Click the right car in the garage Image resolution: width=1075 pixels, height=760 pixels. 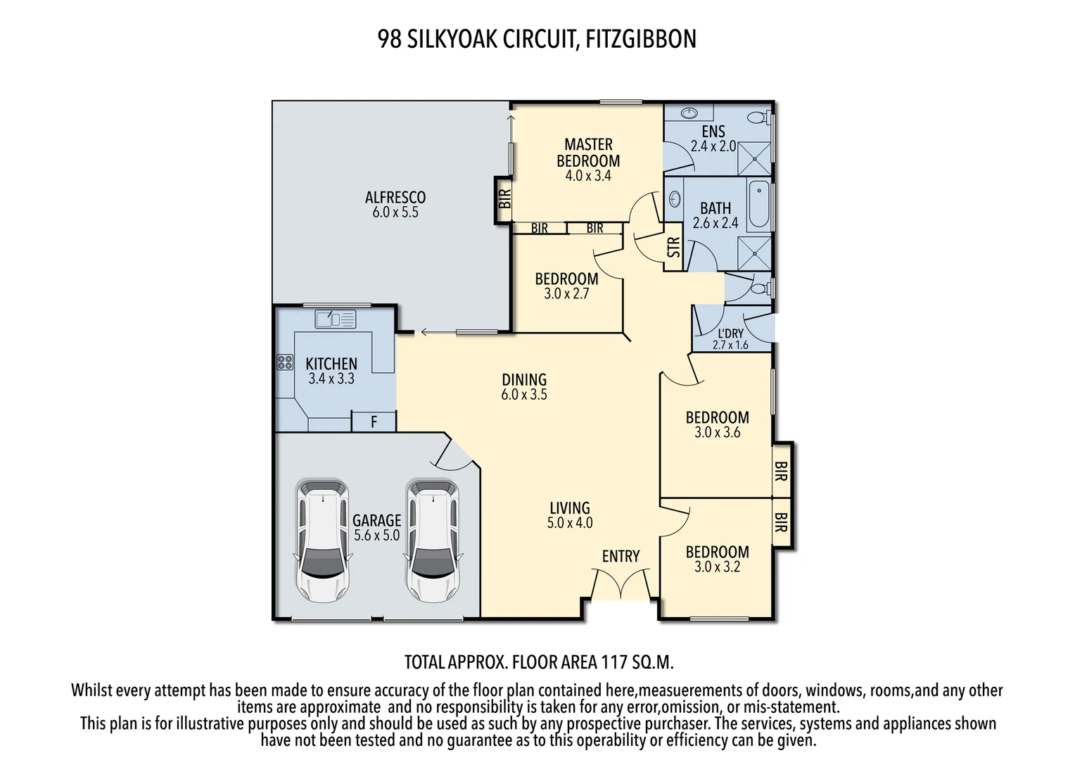[x=433, y=540]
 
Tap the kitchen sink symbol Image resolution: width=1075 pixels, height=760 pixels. [x=336, y=319]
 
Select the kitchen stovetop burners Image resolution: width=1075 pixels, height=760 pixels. [x=285, y=362]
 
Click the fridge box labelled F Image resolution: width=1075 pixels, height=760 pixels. [x=374, y=422]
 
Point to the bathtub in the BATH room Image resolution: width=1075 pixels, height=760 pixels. [x=758, y=205]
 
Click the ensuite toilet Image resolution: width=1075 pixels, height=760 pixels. [x=758, y=117]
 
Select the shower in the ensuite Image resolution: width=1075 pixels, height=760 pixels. [x=753, y=159]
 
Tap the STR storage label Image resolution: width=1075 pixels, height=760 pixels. [x=673, y=247]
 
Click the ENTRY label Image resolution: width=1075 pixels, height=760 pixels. [x=621, y=557]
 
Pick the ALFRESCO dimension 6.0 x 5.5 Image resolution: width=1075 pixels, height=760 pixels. [x=395, y=213]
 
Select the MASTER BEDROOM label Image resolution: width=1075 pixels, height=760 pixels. [x=588, y=153]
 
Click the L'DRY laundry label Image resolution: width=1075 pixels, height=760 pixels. [x=730, y=334]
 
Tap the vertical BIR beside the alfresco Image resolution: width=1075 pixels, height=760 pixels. [x=504, y=199]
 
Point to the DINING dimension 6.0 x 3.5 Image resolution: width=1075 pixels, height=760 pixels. [x=523, y=395]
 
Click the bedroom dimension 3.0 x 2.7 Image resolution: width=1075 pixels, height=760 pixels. [x=566, y=294]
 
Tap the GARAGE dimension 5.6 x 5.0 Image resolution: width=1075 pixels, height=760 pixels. [x=376, y=536]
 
